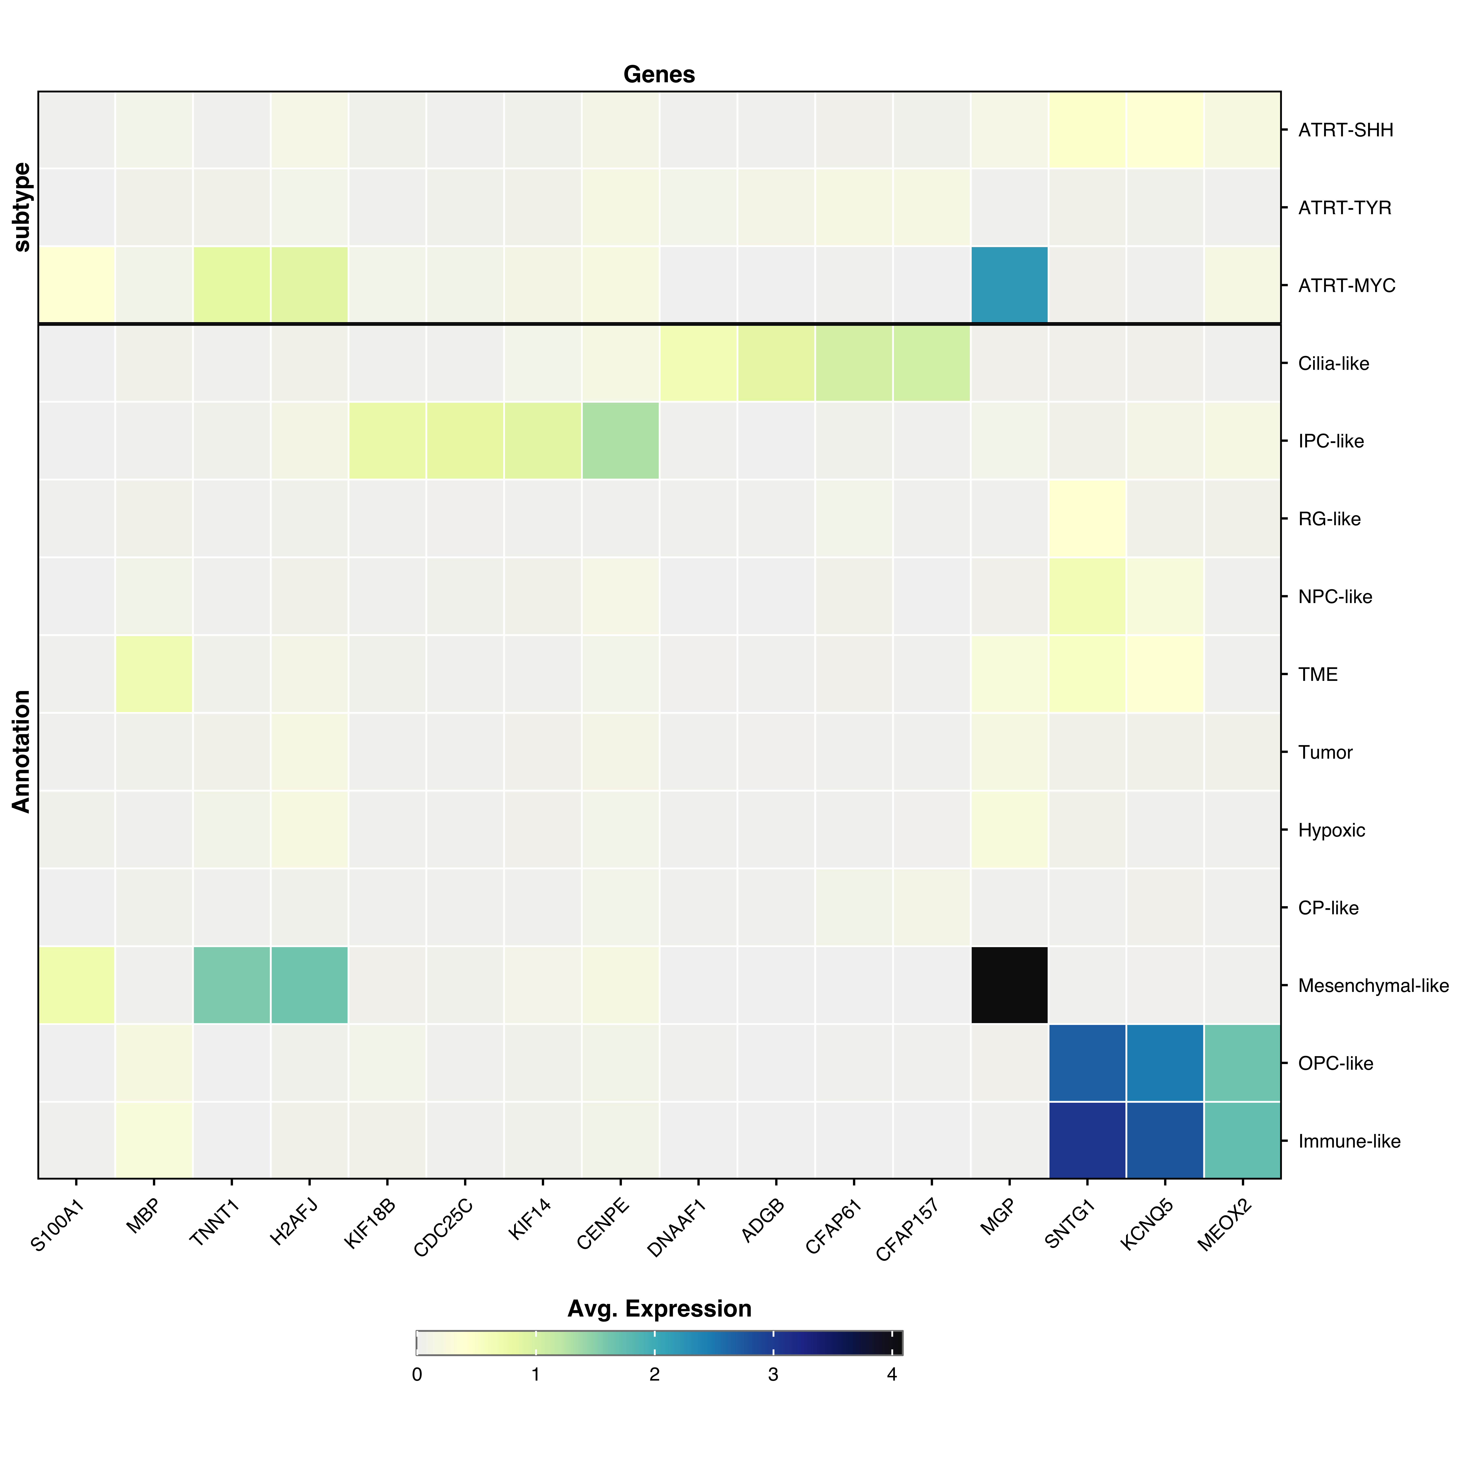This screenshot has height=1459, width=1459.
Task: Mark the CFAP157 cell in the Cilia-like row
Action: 931,363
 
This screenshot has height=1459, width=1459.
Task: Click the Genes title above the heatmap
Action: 659,75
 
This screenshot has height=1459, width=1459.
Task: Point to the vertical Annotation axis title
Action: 22,751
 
